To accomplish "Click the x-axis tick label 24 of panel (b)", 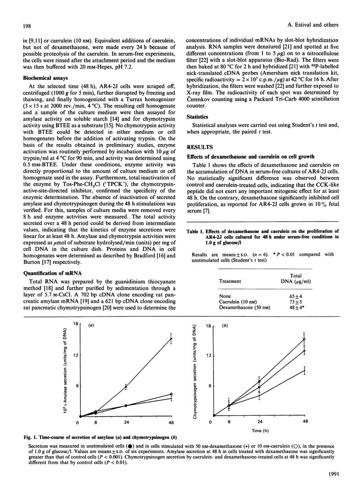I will click(x=259, y=423).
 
